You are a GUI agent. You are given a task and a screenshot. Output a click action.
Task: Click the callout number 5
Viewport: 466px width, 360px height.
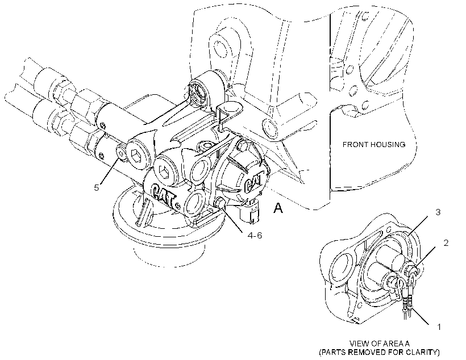click(96, 188)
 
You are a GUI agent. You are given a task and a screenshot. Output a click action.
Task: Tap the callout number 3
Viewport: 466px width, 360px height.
click(438, 212)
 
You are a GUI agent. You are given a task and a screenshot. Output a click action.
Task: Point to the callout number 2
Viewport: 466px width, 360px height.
click(446, 242)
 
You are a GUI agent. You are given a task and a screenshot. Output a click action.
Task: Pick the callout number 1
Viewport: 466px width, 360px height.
click(439, 326)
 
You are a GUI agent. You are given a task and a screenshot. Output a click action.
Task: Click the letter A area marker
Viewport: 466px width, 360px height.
click(278, 208)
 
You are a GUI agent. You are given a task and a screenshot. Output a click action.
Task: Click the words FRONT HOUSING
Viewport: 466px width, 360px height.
click(374, 145)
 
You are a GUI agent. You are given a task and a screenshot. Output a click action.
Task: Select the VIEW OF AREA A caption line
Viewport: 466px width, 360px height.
click(379, 344)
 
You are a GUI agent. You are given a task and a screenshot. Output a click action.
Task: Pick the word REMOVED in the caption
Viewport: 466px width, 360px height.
click(363, 353)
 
